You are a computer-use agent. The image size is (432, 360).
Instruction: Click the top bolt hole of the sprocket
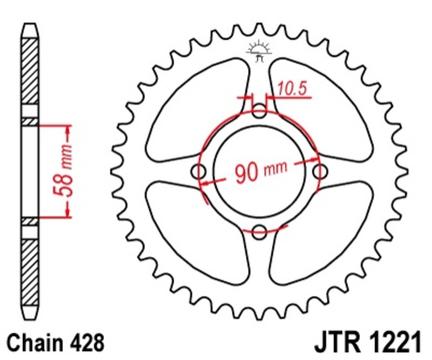(260, 114)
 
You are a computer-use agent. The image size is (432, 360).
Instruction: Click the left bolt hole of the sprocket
(200, 172)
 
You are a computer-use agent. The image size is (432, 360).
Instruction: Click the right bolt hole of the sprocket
(321, 172)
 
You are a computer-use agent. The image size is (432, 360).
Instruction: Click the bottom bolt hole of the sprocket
(260, 231)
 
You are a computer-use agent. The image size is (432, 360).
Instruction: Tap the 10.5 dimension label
(295, 89)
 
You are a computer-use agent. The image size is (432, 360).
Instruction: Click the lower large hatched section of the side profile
(30, 270)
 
